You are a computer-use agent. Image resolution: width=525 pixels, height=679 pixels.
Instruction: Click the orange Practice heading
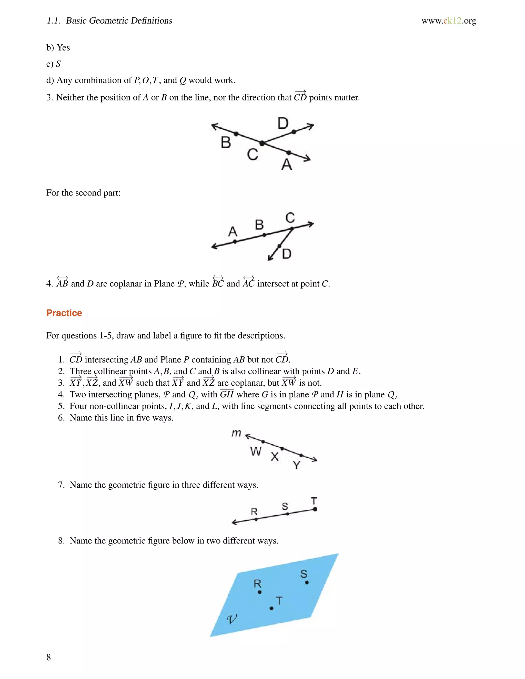(x=64, y=313)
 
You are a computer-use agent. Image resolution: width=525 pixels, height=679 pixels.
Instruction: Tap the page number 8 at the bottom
(x=48, y=657)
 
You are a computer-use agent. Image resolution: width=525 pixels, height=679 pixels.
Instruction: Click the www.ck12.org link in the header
(x=449, y=21)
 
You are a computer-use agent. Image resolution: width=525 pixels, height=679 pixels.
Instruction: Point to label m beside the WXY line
(x=236, y=433)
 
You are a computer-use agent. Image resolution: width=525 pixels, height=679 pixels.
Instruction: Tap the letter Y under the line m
(x=297, y=465)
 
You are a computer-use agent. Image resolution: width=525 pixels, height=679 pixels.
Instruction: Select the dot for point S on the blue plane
(x=307, y=582)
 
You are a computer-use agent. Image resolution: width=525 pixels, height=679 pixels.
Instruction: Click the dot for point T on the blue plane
(x=271, y=608)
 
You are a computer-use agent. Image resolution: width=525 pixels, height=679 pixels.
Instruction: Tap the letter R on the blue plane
(x=257, y=583)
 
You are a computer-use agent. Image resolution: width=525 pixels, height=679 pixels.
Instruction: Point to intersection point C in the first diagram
(x=262, y=143)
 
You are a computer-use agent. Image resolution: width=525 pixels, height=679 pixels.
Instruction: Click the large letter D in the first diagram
(x=283, y=124)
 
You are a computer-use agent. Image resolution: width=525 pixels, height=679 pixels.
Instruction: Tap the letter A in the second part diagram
(x=233, y=232)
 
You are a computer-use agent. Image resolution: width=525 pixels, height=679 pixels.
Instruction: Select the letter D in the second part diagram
(x=286, y=254)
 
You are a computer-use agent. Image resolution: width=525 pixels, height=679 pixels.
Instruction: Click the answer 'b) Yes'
(x=58, y=48)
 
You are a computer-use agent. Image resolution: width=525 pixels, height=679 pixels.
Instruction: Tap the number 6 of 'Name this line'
(x=61, y=418)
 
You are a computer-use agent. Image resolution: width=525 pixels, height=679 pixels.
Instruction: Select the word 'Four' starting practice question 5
(x=78, y=406)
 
